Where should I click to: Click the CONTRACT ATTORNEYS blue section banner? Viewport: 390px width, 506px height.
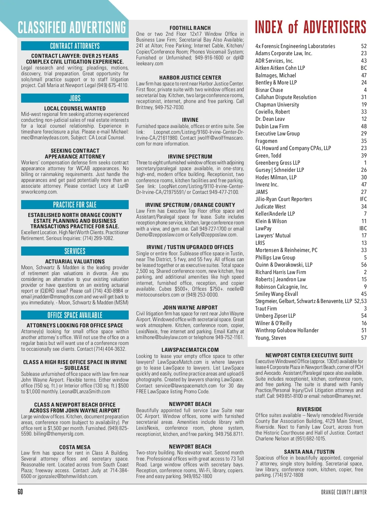coord(75,46)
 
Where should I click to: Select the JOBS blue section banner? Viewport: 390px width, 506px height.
coord(75,98)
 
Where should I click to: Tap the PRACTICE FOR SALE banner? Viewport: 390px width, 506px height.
coord(75,205)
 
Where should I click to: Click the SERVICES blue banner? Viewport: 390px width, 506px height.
coord(75,251)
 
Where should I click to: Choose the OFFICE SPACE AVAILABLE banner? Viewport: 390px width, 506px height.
coord(75,315)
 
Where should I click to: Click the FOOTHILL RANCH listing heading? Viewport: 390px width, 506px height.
coord(190,28)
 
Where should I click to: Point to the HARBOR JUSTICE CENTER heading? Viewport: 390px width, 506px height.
coord(190,78)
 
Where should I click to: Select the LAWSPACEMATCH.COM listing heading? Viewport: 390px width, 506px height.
coord(190,350)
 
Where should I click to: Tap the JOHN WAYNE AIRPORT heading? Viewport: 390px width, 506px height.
coord(190,308)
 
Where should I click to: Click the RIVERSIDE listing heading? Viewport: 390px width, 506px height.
coord(309,409)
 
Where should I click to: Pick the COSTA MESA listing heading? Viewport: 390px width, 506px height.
coord(75,447)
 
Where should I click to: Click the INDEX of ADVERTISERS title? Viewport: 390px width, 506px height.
coord(310,27)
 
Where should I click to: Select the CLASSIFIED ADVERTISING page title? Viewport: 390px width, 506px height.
coord(72,28)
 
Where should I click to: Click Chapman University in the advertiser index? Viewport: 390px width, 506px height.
coord(277,105)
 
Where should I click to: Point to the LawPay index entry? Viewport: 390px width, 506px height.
coord(263,228)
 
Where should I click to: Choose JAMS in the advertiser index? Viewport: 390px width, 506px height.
coord(262,192)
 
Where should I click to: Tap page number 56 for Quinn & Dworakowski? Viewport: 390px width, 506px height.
coord(364,265)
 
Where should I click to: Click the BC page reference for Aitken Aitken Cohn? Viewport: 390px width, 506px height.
coord(364,68)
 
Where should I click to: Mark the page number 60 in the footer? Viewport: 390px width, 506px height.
coord(20,492)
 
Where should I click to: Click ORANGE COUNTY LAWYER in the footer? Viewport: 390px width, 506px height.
coord(344,492)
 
